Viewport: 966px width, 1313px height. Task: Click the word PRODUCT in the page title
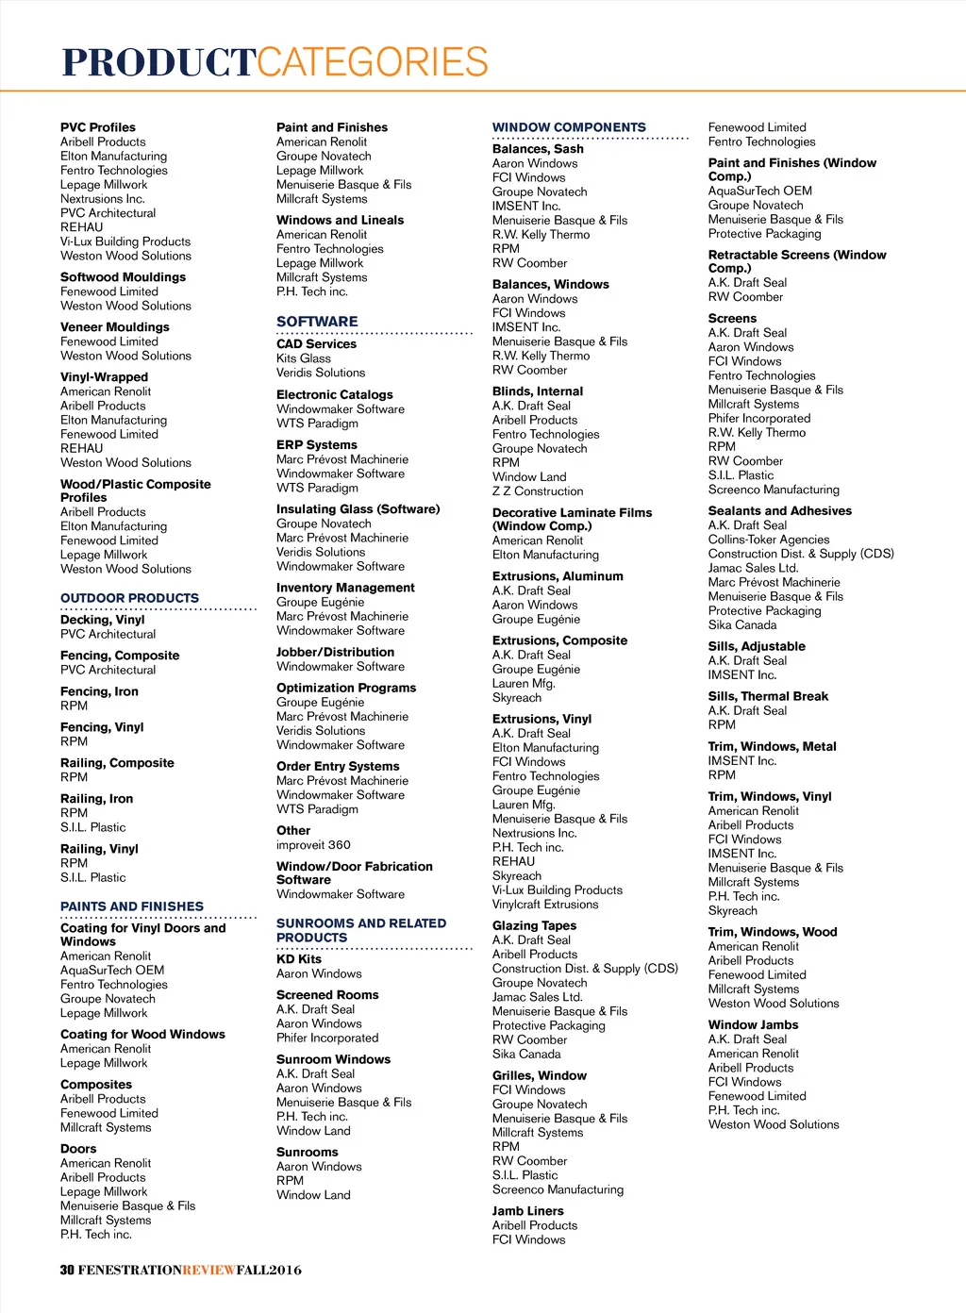tap(158, 63)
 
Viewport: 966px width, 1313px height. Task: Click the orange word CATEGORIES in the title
tap(373, 63)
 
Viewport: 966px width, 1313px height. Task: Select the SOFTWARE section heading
tap(317, 322)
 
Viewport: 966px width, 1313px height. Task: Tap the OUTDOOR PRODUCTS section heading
tap(129, 598)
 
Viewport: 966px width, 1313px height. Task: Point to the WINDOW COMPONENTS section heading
tap(569, 127)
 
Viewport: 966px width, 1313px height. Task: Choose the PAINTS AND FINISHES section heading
tap(132, 906)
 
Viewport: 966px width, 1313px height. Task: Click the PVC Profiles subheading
tap(98, 127)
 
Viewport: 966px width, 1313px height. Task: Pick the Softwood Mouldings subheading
tap(123, 277)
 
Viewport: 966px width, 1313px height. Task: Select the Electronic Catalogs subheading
tap(334, 395)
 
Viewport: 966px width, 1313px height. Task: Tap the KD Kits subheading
tap(299, 959)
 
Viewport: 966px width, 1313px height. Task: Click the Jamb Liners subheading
tap(527, 1211)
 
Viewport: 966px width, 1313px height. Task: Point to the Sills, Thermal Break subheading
tap(768, 696)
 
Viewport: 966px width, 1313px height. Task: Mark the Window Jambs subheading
tap(753, 1025)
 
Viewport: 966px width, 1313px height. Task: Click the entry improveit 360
tap(313, 845)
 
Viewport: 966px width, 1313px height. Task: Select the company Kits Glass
tap(304, 358)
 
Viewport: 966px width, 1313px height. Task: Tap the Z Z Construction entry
tap(538, 491)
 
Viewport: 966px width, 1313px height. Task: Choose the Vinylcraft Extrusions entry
tap(545, 905)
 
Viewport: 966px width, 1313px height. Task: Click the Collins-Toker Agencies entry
tap(769, 540)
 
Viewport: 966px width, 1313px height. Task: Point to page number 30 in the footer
tap(67, 1270)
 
